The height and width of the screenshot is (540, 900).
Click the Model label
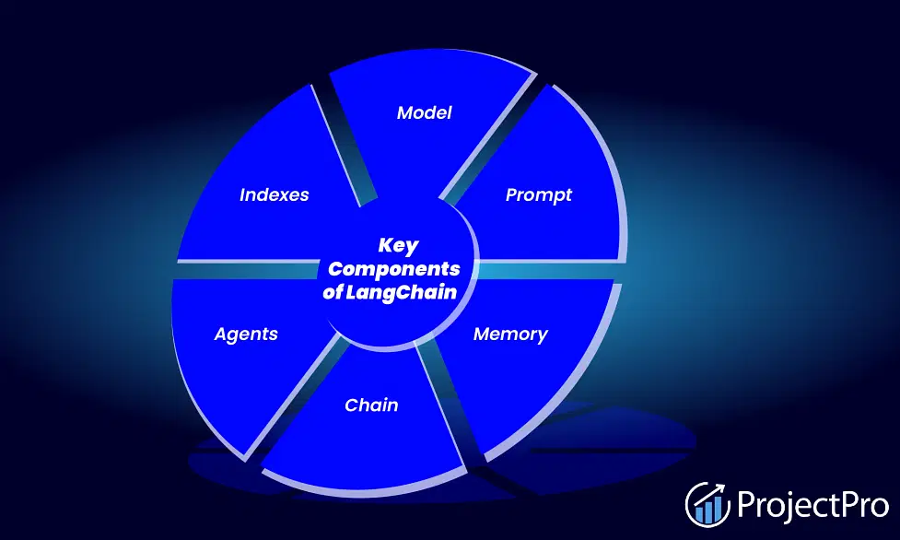pyautogui.click(x=424, y=112)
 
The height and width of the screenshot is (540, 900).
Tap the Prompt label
pyautogui.click(x=538, y=195)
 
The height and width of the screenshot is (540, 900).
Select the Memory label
pyautogui.click(x=510, y=335)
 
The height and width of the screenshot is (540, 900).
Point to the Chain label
pyautogui.click(x=371, y=405)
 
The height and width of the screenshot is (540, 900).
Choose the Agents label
pyautogui.click(x=246, y=335)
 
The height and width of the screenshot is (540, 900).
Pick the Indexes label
pyautogui.click(x=274, y=194)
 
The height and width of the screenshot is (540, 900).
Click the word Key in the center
pyautogui.click(x=398, y=246)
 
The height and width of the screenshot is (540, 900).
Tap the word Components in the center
pyautogui.click(x=393, y=269)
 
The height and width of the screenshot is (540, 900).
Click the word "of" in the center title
pyautogui.click(x=333, y=292)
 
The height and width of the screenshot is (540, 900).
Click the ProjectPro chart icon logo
pyautogui.click(x=707, y=504)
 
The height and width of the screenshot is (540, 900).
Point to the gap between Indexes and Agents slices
pyautogui.click(x=247, y=270)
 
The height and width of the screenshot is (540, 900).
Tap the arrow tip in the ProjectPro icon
pyautogui.click(x=723, y=487)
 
